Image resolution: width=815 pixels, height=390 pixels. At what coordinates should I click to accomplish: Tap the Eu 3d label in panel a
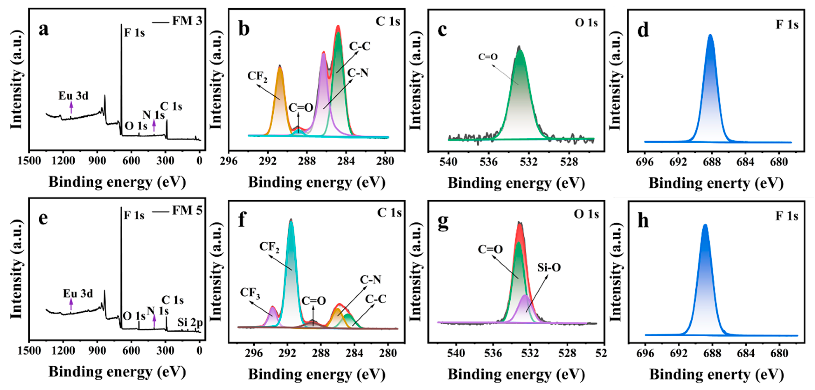tap(73, 96)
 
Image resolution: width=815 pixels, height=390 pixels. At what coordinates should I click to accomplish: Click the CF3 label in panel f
tap(250, 293)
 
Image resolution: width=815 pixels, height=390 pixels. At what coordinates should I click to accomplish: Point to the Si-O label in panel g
tap(549, 268)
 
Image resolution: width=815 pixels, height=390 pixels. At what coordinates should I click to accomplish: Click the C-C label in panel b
tap(360, 46)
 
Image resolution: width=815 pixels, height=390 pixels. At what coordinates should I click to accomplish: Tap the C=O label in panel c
tap(488, 57)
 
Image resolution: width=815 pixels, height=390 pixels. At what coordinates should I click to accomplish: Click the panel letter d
tap(643, 30)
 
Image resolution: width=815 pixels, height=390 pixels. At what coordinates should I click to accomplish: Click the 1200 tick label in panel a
tap(63, 161)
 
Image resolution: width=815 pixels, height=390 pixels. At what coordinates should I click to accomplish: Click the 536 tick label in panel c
tap(489, 162)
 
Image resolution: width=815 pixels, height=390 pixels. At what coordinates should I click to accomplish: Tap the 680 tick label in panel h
tap(779, 353)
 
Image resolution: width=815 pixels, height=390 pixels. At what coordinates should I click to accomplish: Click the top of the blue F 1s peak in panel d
tap(711, 36)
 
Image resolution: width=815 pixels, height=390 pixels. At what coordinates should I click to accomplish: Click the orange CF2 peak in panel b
tap(280, 95)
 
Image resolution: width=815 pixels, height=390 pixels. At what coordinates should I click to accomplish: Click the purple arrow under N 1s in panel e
tap(154, 321)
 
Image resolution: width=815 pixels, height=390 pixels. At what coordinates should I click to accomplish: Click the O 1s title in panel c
tap(586, 23)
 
